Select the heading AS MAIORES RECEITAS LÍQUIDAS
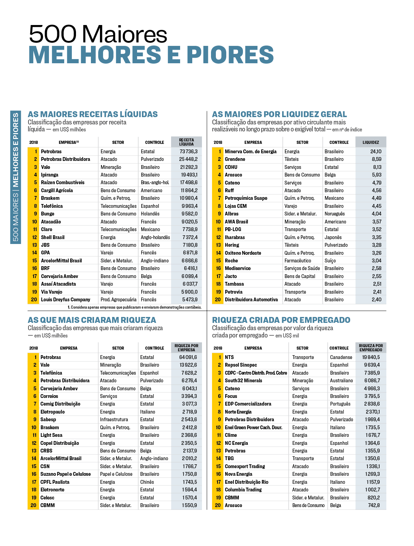(x=93, y=114)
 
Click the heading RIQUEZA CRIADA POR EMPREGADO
(x=281, y=320)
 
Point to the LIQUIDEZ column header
(x=371, y=142)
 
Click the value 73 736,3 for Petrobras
(x=188, y=152)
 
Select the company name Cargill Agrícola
(x=57, y=190)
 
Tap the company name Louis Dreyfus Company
(x=66, y=300)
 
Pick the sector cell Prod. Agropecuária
(x=118, y=300)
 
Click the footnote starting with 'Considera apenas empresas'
(x=135, y=307)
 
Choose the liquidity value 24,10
(x=376, y=152)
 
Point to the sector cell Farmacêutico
(x=298, y=261)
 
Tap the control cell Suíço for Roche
(x=330, y=261)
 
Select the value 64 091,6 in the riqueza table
(x=188, y=357)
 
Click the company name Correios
(x=49, y=396)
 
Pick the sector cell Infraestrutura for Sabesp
(x=114, y=419)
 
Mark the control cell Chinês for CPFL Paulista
(x=147, y=482)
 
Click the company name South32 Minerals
(x=244, y=381)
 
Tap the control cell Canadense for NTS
(x=341, y=357)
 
